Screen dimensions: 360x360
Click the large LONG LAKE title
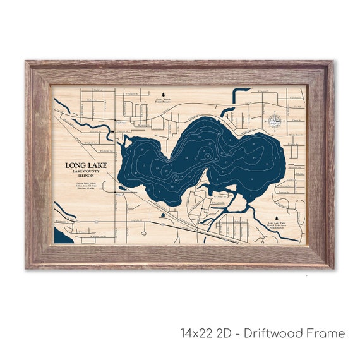pyautogui.click(x=86, y=166)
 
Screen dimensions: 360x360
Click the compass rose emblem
pyautogui.click(x=275, y=120)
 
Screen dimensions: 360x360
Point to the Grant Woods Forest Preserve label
pyautogui.click(x=163, y=99)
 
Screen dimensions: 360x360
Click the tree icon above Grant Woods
pyautogui.click(x=163, y=92)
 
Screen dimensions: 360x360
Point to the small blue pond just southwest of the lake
pyautogui.click(x=163, y=215)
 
